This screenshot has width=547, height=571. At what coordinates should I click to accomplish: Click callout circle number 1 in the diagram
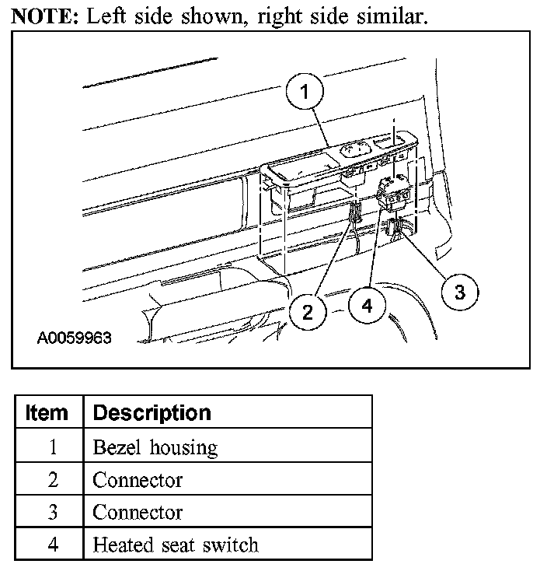[305, 92]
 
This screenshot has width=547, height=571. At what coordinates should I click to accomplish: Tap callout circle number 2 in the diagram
[308, 312]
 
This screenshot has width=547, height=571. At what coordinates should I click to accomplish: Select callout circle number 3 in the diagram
[459, 292]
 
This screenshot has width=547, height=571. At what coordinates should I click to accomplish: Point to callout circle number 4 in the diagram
[366, 306]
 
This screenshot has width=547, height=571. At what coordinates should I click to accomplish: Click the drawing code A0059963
[75, 338]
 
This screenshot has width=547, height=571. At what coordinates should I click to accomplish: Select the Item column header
[47, 412]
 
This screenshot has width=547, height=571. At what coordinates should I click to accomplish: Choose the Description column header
[152, 412]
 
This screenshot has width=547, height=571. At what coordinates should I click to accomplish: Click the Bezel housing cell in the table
[155, 447]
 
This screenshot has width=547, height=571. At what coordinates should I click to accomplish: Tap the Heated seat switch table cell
[175, 545]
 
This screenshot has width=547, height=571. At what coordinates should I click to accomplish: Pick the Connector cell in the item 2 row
[138, 480]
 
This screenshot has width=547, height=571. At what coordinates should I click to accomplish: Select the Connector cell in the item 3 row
[138, 513]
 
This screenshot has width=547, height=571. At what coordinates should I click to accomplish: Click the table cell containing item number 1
[52, 447]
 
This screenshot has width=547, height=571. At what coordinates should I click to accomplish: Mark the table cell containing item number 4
[52, 545]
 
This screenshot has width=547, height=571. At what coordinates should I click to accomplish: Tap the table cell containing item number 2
[52, 480]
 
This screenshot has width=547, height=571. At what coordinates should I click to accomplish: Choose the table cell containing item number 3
[52, 513]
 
